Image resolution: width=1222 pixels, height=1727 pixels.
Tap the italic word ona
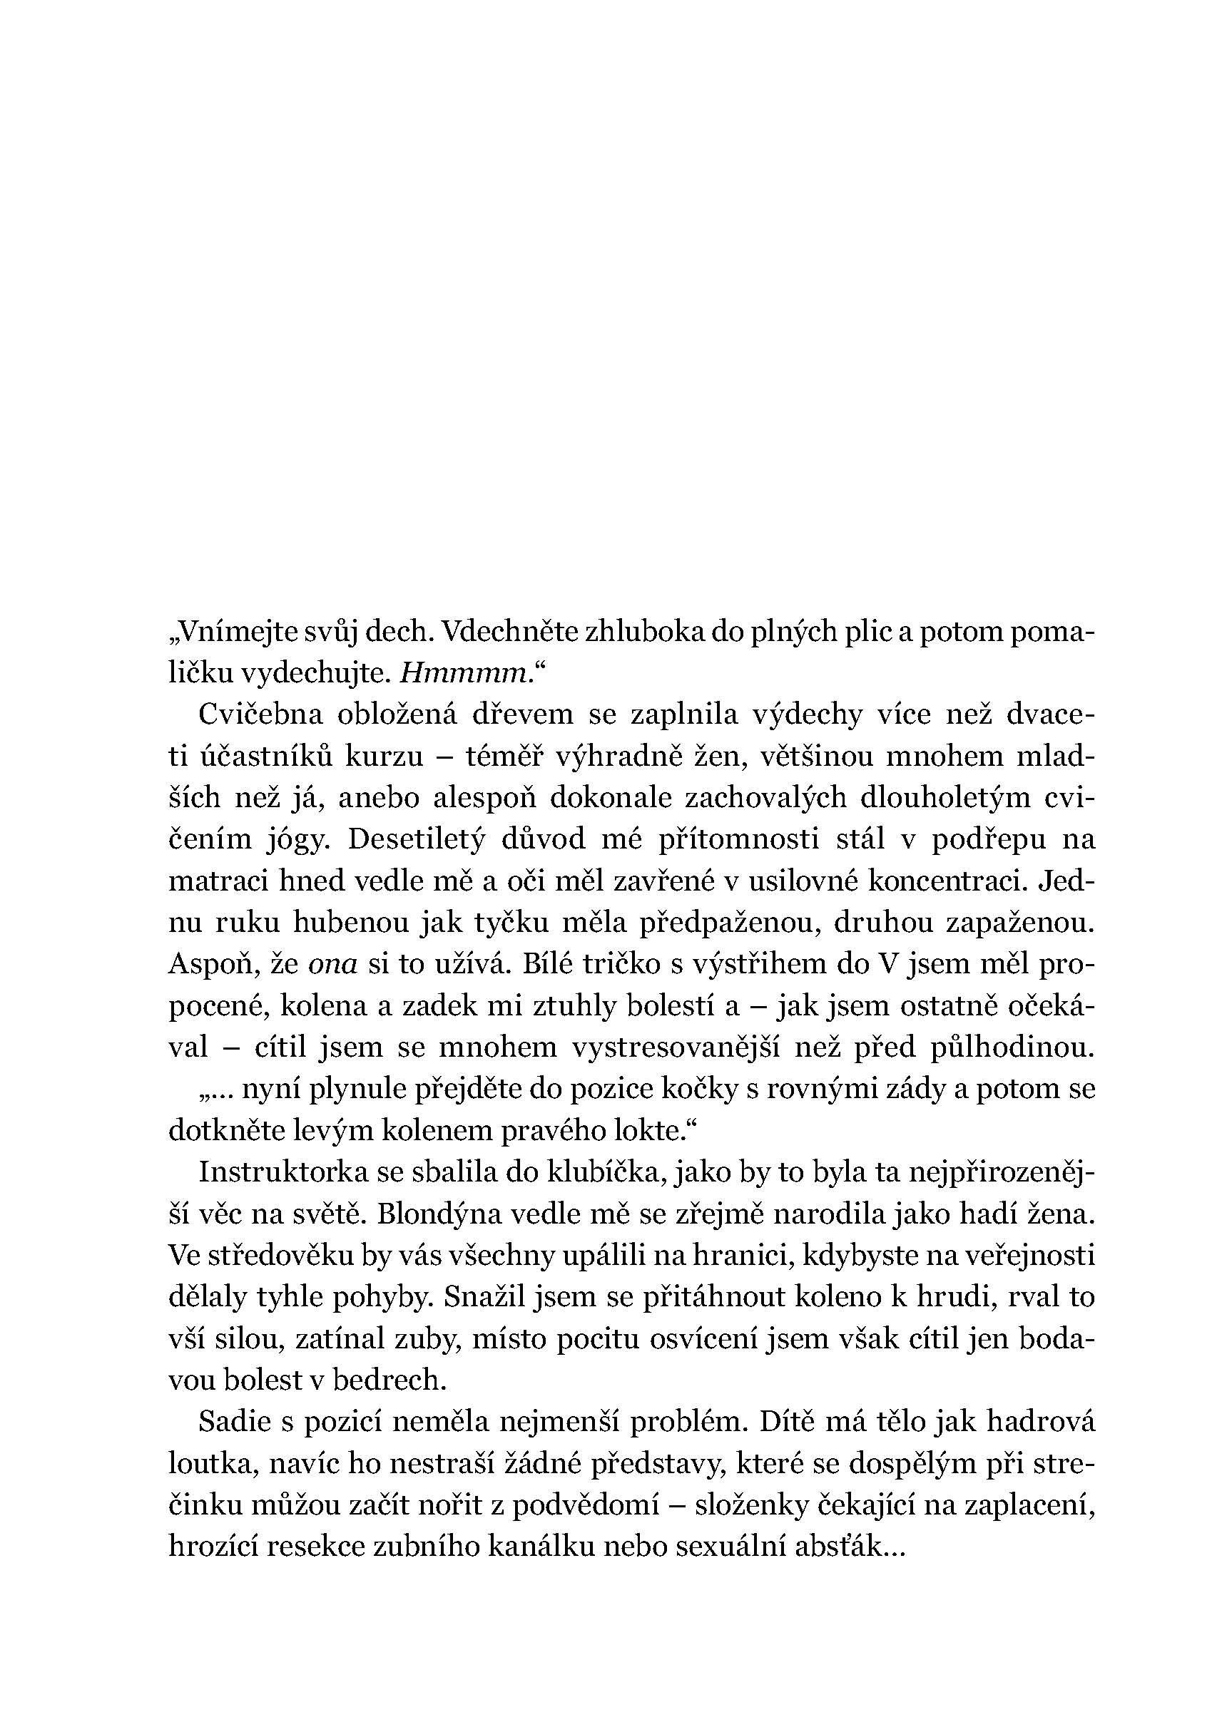pos(332,964)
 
